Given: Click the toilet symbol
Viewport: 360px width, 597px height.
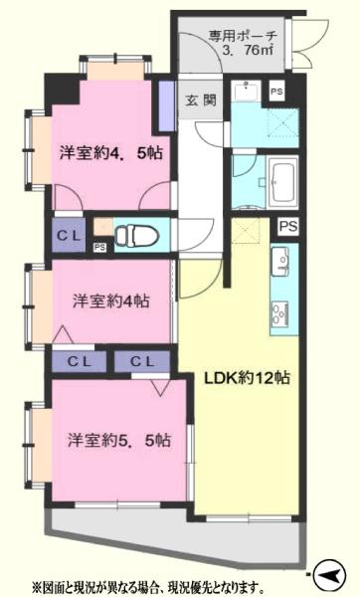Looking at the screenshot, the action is pos(136,235).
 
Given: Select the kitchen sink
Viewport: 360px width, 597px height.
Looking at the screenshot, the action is pos(279,261).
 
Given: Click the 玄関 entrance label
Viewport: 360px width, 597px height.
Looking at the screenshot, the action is pos(201,99).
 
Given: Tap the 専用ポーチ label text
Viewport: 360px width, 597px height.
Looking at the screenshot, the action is pos(243,37).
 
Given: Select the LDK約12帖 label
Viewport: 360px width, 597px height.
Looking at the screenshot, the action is pos(247,378).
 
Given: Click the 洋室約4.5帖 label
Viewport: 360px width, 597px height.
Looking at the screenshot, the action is pos(111,153).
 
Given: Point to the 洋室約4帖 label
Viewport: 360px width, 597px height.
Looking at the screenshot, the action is pos(111,301).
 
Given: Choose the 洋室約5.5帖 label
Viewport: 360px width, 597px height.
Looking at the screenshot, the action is pos(119,441).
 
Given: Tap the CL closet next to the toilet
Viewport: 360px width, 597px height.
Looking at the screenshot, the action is pos(69,236).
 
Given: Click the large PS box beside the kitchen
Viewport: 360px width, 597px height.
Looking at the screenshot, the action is pos(288,227).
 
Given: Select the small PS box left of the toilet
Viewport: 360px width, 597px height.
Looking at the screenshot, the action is pos(99,248).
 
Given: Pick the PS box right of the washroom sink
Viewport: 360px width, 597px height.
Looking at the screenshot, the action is pos(276,92).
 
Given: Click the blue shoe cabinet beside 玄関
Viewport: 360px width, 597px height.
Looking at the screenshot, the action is pos(166,106).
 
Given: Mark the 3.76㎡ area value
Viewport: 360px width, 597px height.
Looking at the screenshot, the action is pos(248,51).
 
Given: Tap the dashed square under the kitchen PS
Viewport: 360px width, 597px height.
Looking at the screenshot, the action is pos(245,231).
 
